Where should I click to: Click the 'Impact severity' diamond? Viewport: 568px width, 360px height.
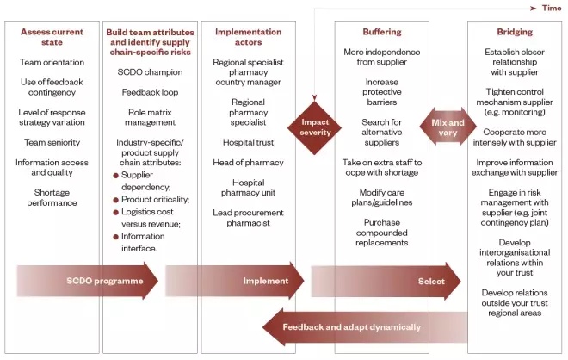pyautogui.click(x=315, y=127)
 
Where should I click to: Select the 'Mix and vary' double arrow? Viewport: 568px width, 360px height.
pyautogui.click(x=447, y=127)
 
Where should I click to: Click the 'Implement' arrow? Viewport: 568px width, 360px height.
pyautogui.click(x=236, y=281)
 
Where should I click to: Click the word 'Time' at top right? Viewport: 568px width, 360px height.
pyautogui.click(x=551, y=8)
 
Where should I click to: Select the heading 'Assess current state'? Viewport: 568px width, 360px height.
pyautogui.click(x=52, y=37)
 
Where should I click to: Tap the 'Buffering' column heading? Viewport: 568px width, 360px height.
pyautogui.click(x=381, y=32)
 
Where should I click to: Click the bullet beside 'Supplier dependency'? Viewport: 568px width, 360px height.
pyautogui.click(x=114, y=174)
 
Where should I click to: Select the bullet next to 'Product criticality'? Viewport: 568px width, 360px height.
pyautogui.click(x=114, y=198)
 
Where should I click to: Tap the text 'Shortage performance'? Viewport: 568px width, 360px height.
pyautogui.click(x=52, y=197)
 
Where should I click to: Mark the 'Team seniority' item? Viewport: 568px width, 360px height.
pyautogui.click(x=52, y=142)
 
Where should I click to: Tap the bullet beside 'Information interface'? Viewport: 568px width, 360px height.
pyautogui.click(x=114, y=235)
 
